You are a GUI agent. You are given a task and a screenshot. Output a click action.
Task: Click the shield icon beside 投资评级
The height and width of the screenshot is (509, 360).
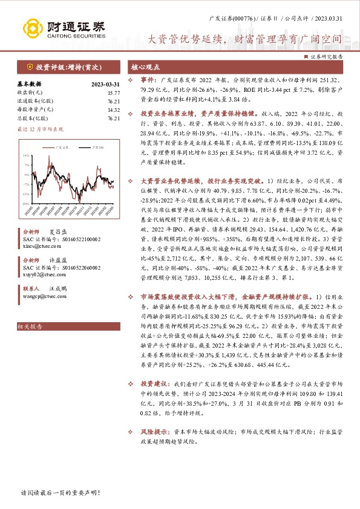[29, 67]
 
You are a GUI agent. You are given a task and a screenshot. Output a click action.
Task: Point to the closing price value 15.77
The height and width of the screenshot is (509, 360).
[113, 93]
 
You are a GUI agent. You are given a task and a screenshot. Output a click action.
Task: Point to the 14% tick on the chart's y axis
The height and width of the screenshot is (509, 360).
[27, 155]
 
